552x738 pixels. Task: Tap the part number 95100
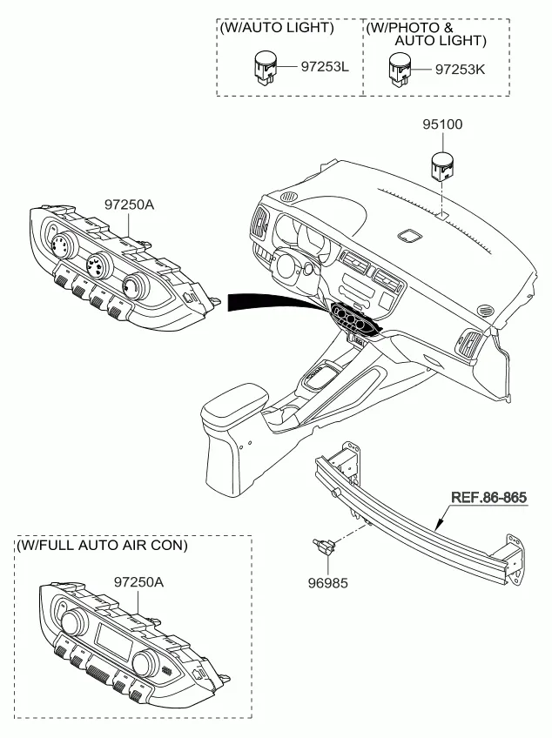click(442, 124)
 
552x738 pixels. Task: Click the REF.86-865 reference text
click(488, 499)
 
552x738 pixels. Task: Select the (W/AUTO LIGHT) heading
click(277, 28)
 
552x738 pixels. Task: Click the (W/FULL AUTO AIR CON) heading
click(101, 546)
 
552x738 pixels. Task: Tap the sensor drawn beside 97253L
click(264, 66)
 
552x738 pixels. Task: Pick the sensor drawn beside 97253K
click(401, 66)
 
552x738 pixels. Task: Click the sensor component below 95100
click(442, 165)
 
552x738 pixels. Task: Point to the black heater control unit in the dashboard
click(354, 319)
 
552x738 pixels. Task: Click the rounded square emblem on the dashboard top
click(408, 235)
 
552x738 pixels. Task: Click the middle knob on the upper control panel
click(95, 263)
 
